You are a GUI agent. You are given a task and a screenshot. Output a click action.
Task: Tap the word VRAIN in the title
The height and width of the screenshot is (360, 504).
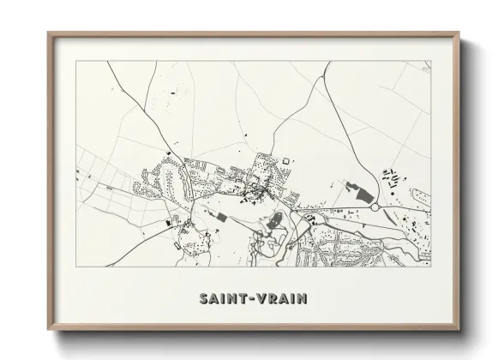coord(282,299)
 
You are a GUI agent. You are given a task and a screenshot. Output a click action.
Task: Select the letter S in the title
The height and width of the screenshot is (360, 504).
coord(203,299)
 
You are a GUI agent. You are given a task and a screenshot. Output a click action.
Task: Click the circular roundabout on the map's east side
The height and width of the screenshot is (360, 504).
coord(375,207)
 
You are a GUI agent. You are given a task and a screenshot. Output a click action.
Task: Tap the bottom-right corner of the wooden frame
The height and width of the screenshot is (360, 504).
coord(459,329)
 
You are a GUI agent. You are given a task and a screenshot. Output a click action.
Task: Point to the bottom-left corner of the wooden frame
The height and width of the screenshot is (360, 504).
coord(49,329)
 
